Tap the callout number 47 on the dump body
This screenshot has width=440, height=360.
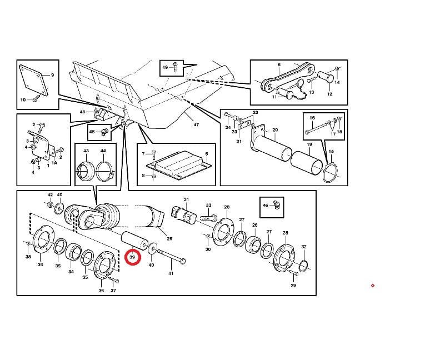click(x=196, y=125)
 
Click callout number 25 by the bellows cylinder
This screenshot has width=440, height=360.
click(x=169, y=238)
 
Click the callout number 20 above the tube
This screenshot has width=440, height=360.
click(x=274, y=130)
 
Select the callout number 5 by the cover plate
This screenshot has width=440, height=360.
click(x=206, y=154)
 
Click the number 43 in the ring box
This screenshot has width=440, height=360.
click(x=86, y=151)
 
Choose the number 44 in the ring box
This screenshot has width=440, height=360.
click(x=103, y=151)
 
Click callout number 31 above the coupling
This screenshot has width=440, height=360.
click(x=187, y=200)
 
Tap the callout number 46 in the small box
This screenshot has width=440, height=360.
click(x=265, y=206)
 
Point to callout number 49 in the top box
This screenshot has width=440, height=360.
click(x=165, y=67)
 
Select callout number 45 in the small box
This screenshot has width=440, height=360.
click(x=92, y=132)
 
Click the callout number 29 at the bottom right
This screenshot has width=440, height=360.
click(x=293, y=286)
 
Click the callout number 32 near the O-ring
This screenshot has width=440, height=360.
click(x=304, y=247)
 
